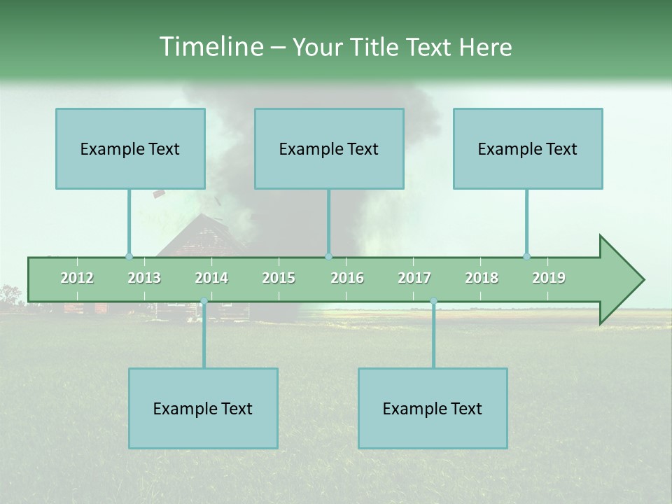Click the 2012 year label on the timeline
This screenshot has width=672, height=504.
(77, 278)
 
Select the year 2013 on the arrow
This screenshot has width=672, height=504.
(144, 278)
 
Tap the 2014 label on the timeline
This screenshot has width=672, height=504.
(211, 278)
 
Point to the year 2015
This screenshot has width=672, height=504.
(279, 278)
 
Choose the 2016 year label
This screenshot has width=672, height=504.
(347, 278)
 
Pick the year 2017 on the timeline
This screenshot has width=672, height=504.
(414, 278)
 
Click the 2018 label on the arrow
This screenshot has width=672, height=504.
(482, 278)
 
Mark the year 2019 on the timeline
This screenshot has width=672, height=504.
(549, 278)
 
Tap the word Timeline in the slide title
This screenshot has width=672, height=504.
(210, 47)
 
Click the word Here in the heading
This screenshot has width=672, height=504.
(485, 47)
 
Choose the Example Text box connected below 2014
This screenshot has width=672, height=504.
(203, 408)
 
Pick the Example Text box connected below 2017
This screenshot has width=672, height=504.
(433, 408)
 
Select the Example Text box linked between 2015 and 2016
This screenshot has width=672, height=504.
(329, 148)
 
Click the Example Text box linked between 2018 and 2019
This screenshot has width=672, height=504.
(528, 148)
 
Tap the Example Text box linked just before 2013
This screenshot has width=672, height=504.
(130, 148)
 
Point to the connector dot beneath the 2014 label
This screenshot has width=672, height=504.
(204, 301)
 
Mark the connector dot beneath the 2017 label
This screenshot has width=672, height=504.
(433, 301)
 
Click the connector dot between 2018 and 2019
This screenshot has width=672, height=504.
(526, 256)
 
